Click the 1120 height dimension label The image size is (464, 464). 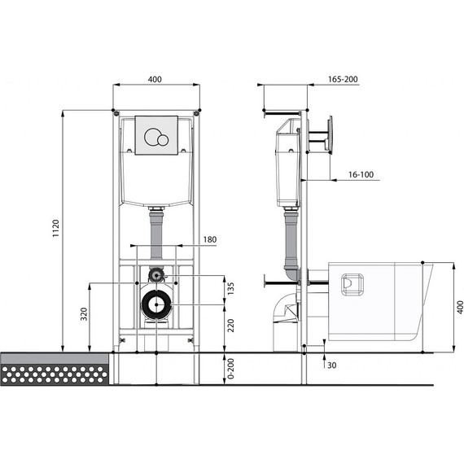pyautogui.click(x=55, y=228)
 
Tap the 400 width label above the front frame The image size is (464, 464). pyautogui.click(x=155, y=79)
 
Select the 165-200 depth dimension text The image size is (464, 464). pyautogui.click(x=343, y=79)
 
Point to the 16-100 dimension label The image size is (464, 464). pyautogui.click(x=361, y=174)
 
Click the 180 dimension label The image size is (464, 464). pyautogui.click(x=210, y=239)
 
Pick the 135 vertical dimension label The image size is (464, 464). pyautogui.click(x=231, y=288)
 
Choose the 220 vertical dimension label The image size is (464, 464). pyautogui.click(x=231, y=326)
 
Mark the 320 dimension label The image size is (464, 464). pyautogui.click(x=85, y=314)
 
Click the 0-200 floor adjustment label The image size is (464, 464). pyautogui.click(x=231, y=369)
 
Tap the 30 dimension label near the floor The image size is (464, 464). pyautogui.click(x=332, y=366)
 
